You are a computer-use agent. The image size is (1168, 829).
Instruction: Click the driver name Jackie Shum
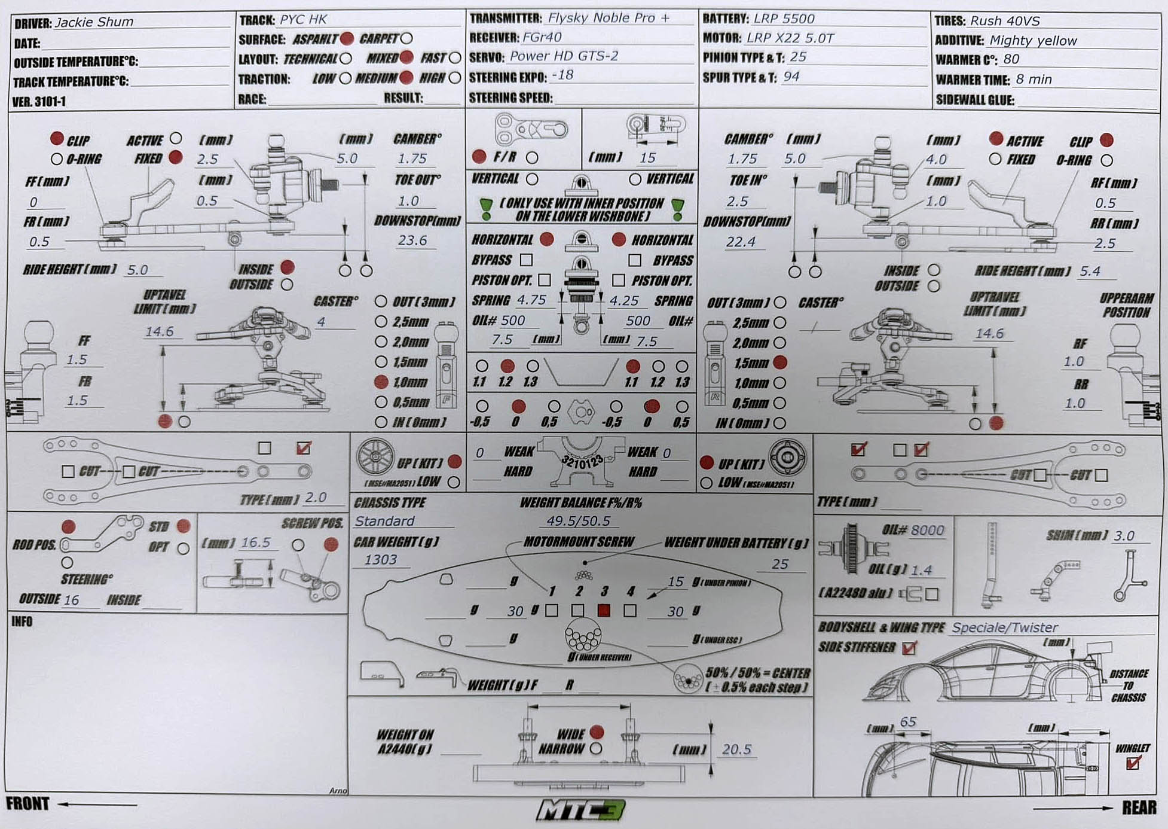(x=94, y=22)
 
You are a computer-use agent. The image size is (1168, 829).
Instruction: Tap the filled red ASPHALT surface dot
(x=347, y=39)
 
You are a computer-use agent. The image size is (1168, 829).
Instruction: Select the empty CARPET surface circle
(x=407, y=39)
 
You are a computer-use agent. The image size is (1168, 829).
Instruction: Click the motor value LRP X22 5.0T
(x=790, y=38)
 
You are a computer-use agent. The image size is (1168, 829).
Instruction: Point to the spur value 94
(x=791, y=77)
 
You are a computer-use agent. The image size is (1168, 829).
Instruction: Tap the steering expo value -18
(x=562, y=75)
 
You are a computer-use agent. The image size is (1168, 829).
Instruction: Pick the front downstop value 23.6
(x=412, y=240)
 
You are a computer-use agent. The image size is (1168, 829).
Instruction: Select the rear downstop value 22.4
(x=741, y=242)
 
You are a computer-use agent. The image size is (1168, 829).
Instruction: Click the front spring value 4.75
(x=531, y=300)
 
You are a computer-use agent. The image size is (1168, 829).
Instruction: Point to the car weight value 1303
(x=381, y=560)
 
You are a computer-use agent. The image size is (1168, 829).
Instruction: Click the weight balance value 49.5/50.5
(x=578, y=521)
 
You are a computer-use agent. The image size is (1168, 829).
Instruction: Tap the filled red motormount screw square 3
(x=604, y=610)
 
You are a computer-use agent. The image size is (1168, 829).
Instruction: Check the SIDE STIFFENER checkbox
(x=909, y=648)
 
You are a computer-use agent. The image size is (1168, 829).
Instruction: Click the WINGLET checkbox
(x=1132, y=763)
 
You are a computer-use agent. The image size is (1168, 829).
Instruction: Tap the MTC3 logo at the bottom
(x=580, y=810)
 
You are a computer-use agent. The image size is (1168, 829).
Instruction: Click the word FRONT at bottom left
(x=27, y=803)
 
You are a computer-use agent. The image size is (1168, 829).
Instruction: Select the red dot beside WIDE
(x=596, y=732)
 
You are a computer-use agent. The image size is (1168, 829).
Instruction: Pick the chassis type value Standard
(x=384, y=521)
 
